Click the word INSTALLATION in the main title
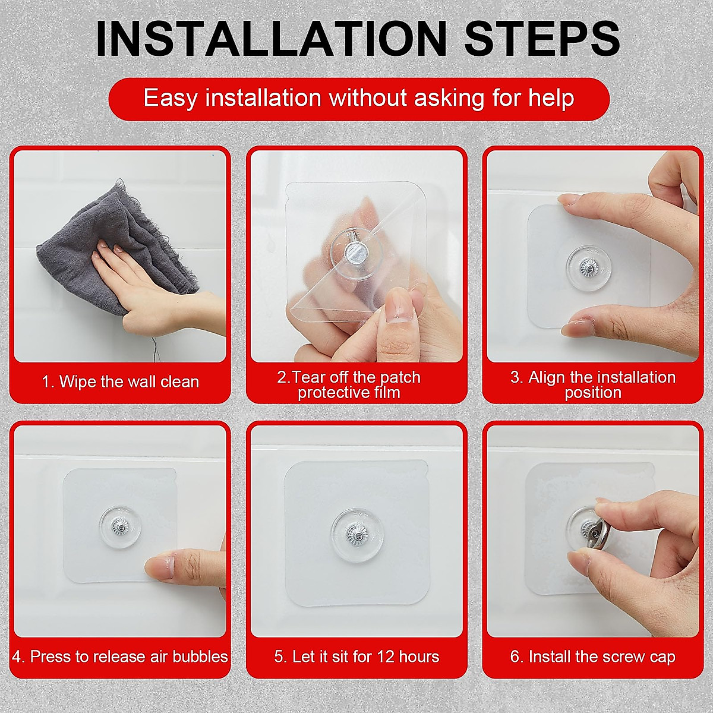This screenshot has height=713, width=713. point(271,39)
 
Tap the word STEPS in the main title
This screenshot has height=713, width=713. point(542,39)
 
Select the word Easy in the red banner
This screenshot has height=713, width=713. point(171,99)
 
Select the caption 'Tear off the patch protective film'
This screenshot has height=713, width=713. point(349,385)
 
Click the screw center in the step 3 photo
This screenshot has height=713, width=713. point(586,266)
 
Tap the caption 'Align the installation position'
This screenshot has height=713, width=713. point(593,385)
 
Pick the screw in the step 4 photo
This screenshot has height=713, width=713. point(120,526)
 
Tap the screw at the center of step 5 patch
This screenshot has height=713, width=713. point(355,535)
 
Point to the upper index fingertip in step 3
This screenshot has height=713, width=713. point(566,200)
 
